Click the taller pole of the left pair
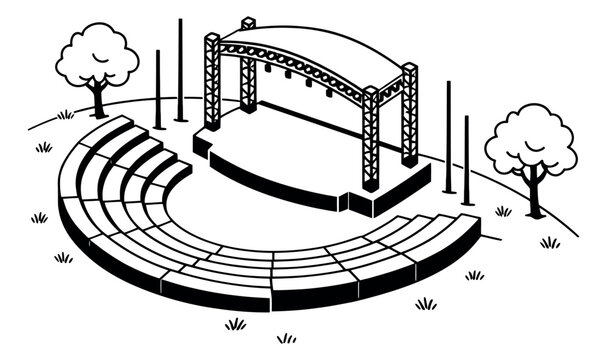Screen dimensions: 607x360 (x=180, y=70)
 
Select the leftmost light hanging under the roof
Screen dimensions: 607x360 (x=268, y=68)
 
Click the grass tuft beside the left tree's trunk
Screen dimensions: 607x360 (x=66, y=115)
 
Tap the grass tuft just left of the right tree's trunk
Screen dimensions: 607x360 (x=503, y=211)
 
